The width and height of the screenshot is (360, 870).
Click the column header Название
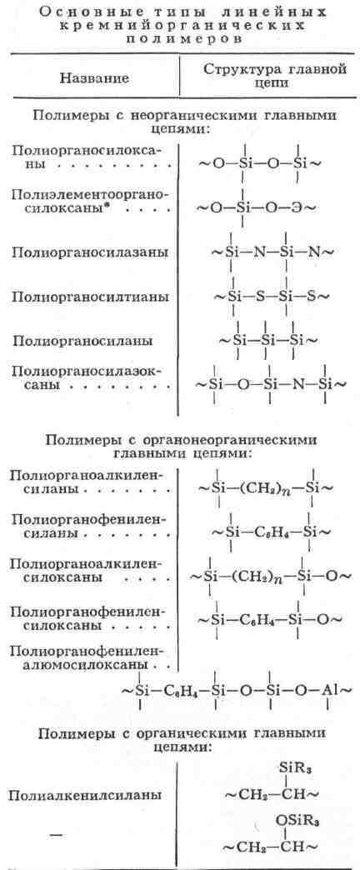93,77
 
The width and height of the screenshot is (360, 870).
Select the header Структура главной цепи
274,77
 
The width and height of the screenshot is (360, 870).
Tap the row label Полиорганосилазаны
90,253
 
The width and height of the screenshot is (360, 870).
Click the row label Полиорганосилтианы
90,297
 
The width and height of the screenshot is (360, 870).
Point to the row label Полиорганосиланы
82,341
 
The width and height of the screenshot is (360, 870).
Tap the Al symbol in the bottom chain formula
331,691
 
